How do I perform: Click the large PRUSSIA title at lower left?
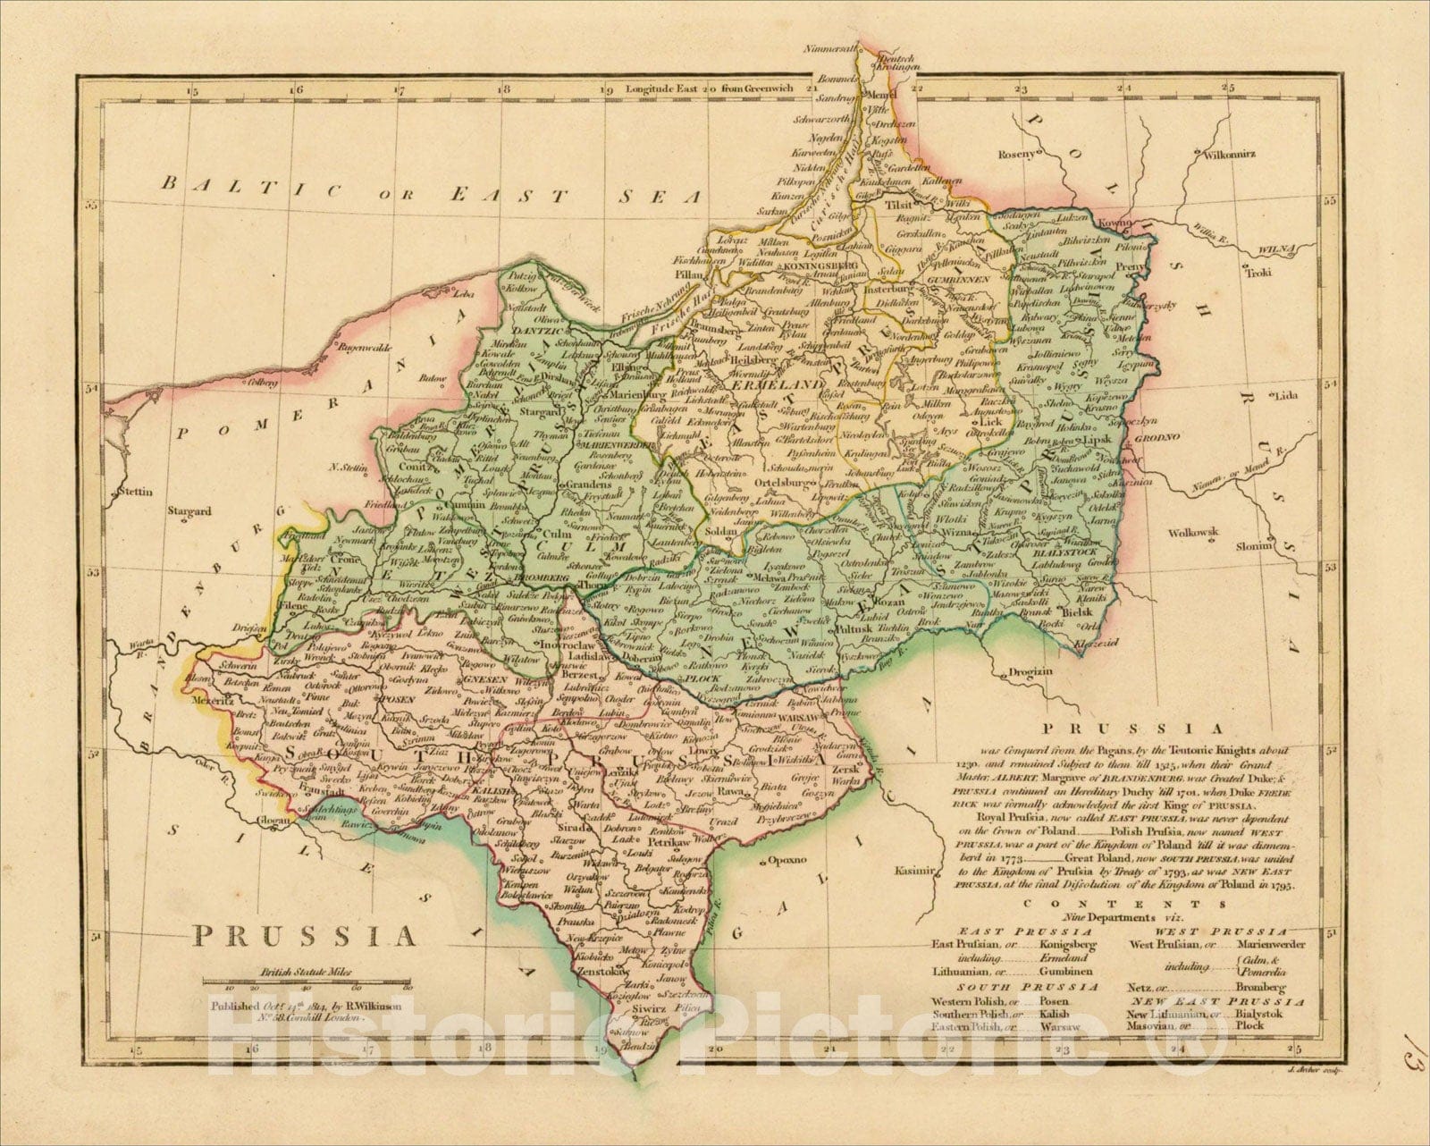click(306, 936)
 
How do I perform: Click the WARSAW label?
click(792, 718)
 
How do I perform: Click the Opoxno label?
click(786, 862)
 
